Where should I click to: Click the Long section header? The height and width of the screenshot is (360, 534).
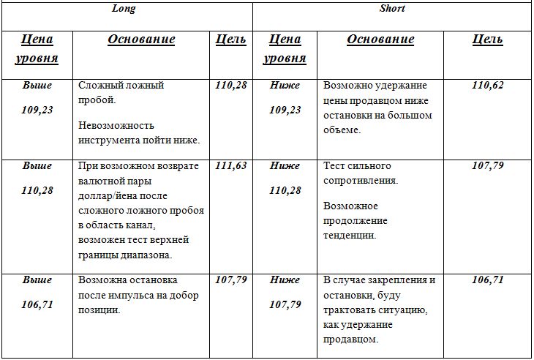point(123,9)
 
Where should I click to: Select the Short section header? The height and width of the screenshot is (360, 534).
point(392,9)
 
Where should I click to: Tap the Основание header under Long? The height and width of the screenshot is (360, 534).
point(141,40)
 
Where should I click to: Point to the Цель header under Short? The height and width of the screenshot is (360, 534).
point(487,40)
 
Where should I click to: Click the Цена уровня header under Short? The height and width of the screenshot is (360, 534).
point(285,48)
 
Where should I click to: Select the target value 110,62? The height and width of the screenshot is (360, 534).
point(488,86)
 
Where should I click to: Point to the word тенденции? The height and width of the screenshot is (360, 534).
point(350,236)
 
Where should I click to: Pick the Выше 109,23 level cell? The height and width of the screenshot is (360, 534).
point(37,98)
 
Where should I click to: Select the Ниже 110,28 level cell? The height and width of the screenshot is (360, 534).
point(285,179)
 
